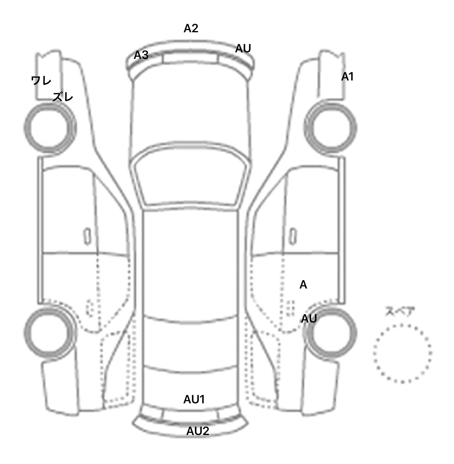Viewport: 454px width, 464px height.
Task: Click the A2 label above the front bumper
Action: click(x=191, y=28)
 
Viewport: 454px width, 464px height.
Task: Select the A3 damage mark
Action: click(x=141, y=55)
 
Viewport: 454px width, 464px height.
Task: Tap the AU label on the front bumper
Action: click(x=243, y=49)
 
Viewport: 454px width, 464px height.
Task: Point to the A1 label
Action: click(x=347, y=77)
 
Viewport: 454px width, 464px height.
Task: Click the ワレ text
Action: click(x=41, y=80)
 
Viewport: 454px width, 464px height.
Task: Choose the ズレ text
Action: click(x=63, y=97)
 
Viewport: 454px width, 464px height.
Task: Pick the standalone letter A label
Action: click(x=303, y=285)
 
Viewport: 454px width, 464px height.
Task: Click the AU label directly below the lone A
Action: click(x=309, y=319)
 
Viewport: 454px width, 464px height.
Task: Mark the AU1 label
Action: click(x=194, y=400)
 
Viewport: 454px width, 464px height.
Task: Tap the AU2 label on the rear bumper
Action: click(x=198, y=431)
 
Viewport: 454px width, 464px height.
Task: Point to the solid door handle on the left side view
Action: click(x=87, y=236)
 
